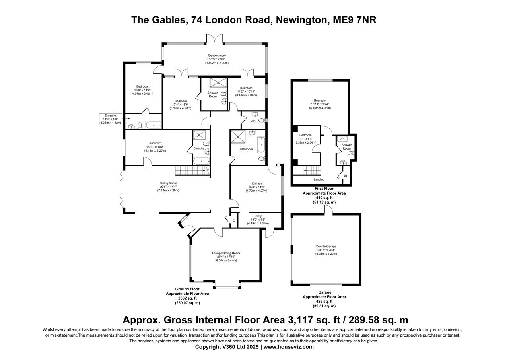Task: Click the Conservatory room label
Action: click(x=217, y=56)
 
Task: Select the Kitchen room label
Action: click(x=256, y=183)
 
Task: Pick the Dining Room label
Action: click(x=168, y=183)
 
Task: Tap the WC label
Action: click(x=253, y=121)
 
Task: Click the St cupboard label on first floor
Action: click(x=345, y=175)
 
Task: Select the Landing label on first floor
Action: click(x=319, y=179)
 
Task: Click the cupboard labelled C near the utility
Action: click(x=233, y=220)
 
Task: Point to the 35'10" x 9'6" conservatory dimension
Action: click(x=217, y=59)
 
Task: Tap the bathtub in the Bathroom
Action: click(x=261, y=145)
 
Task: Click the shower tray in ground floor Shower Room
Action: click(x=217, y=82)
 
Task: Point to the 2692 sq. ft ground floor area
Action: click(x=187, y=298)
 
